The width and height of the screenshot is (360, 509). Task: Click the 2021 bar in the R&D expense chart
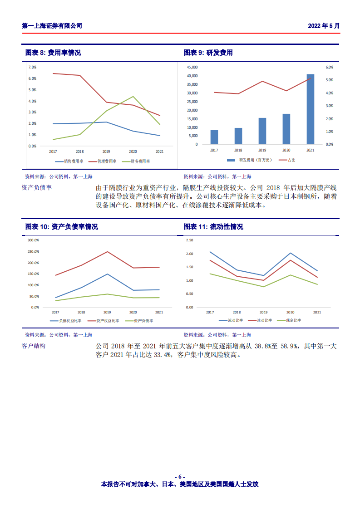click(x=310, y=109)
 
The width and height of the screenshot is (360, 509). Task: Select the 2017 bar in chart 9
click(x=214, y=137)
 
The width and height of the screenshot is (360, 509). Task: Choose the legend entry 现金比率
click(x=291, y=321)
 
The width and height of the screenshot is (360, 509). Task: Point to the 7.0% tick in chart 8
click(x=32, y=67)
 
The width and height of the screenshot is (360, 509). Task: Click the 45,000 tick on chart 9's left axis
click(x=192, y=67)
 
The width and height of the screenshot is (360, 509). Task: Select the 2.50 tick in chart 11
click(x=189, y=240)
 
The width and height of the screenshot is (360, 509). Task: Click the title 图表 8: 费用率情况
click(x=53, y=53)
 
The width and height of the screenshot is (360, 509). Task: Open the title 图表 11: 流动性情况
click(x=213, y=227)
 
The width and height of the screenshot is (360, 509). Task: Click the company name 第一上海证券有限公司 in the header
click(x=52, y=26)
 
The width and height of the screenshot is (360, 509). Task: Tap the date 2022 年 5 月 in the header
click(x=324, y=26)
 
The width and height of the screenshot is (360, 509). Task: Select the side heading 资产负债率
click(x=37, y=187)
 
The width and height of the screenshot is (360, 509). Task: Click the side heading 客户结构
click(x=34, y=346)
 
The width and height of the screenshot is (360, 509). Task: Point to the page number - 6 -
click(x=180, y=476)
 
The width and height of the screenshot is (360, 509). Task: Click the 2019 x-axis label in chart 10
click(x=107, y=312)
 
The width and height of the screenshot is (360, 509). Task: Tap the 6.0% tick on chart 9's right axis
click(x=330, y=67)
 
